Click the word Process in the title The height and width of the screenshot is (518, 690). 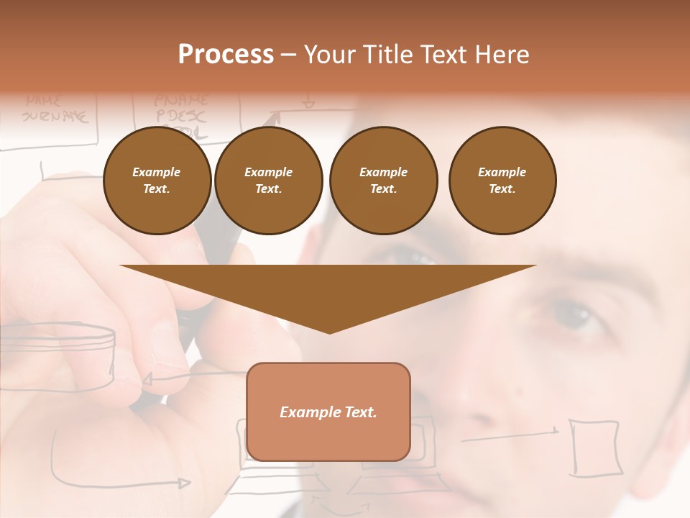point(226,55)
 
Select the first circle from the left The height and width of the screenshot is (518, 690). point(157,181)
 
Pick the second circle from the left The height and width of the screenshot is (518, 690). point(269,181)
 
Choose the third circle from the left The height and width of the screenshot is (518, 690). point(383,181)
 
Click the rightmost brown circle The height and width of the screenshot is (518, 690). point(502,181)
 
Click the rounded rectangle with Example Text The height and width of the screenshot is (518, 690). point(328,412)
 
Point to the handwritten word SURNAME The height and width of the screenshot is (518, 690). point(55,115)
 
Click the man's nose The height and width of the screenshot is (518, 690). point(496,374)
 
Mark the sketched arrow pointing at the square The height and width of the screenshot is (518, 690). point(510,434)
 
